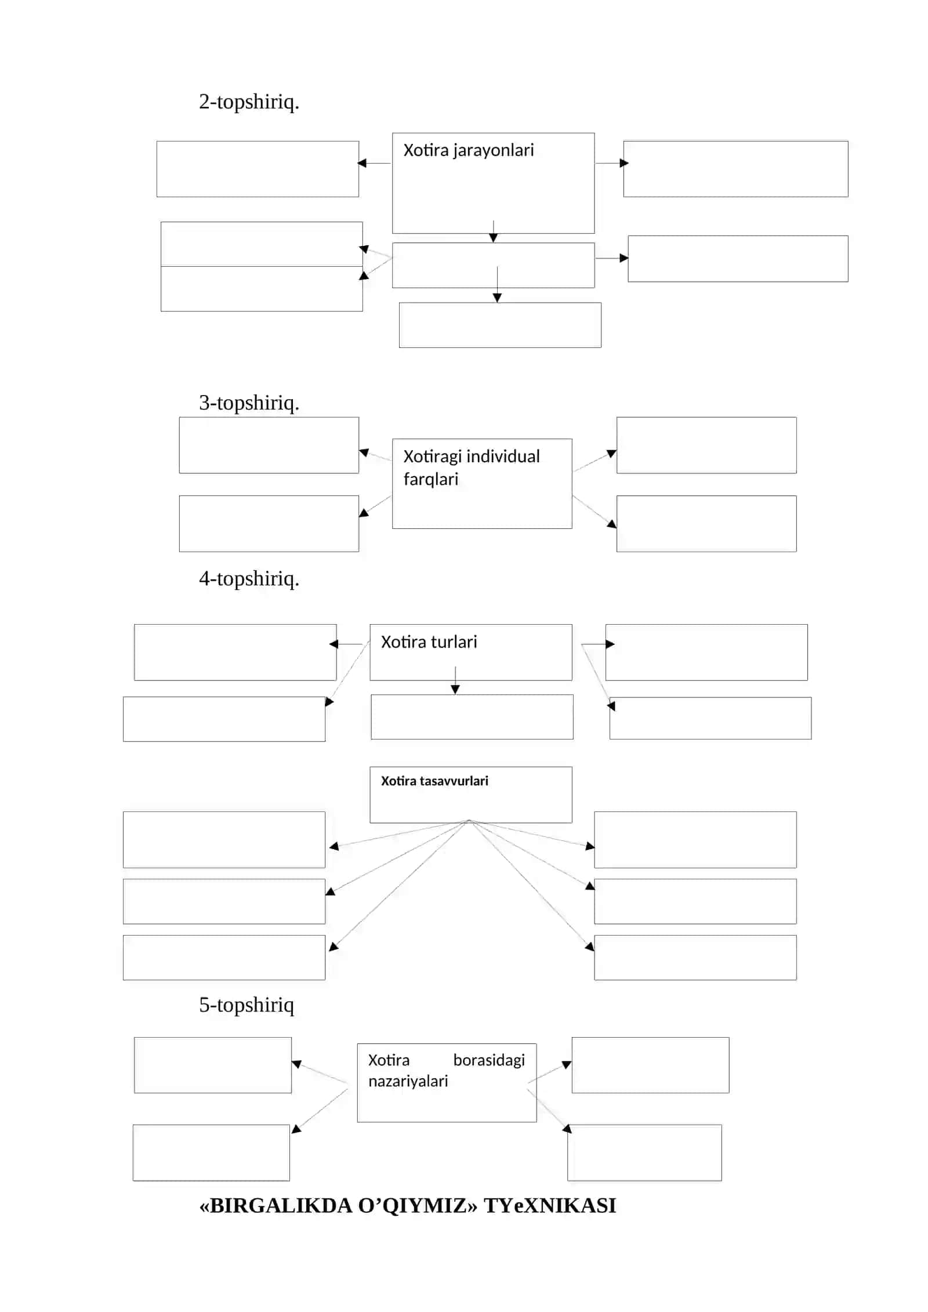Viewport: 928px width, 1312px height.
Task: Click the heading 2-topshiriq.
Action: click(x=249, y=102)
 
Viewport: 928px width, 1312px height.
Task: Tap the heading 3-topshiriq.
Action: click(x=249, y=403)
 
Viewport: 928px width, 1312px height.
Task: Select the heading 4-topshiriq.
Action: click(x=249, y=578)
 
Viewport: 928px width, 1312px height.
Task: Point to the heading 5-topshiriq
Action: click(x=246, y=1005)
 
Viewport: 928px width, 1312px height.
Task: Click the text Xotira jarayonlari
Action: click(x=468, y=151)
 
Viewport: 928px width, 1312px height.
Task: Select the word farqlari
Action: click(x=430, y=480)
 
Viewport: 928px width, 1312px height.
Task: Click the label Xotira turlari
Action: click(x=429, y=642)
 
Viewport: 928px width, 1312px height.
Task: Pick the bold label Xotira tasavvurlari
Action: click(x=434, y=781)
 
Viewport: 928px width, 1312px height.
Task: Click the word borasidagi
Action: click(x=489, y=1061)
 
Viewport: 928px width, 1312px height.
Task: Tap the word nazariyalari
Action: click(x=408, y=1082)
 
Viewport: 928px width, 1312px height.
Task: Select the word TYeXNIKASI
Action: click(x=550, y=1206)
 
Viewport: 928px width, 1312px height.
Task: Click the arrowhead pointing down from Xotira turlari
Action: click(x=455, y=689)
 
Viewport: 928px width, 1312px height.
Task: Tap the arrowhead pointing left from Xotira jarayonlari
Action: click(x=362, y=163)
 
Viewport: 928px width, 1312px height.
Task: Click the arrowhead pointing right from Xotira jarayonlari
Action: click(x=624, y=163)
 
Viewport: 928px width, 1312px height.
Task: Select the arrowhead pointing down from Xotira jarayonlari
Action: click(x=493, y=238)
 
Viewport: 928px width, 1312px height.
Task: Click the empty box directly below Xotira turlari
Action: click(x=472, y=717)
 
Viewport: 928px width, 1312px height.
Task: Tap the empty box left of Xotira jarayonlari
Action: click(x=258, y=169)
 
